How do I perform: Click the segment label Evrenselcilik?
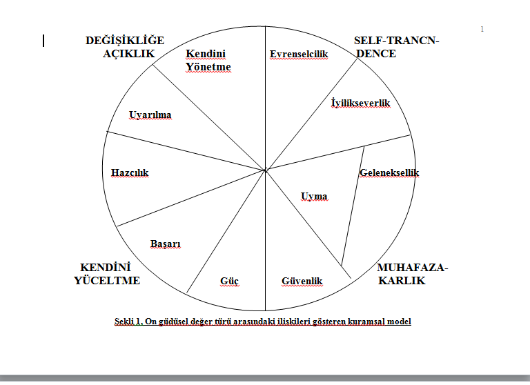299,54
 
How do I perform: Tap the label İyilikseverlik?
361,103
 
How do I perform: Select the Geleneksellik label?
389,172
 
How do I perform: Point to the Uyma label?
314,197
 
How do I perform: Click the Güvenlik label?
302,281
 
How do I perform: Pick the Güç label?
229,282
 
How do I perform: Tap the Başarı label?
166,244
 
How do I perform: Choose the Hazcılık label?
130,172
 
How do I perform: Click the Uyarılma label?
150,115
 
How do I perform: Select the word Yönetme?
208,67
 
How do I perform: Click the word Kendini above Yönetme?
206,53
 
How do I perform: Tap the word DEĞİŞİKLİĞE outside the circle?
125,40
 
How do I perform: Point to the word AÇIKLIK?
128,53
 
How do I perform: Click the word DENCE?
376,53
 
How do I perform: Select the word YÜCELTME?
107,281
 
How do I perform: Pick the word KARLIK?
402,281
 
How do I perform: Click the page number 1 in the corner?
482,30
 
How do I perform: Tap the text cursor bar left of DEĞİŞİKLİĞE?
43,41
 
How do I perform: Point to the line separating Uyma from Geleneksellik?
353,206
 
